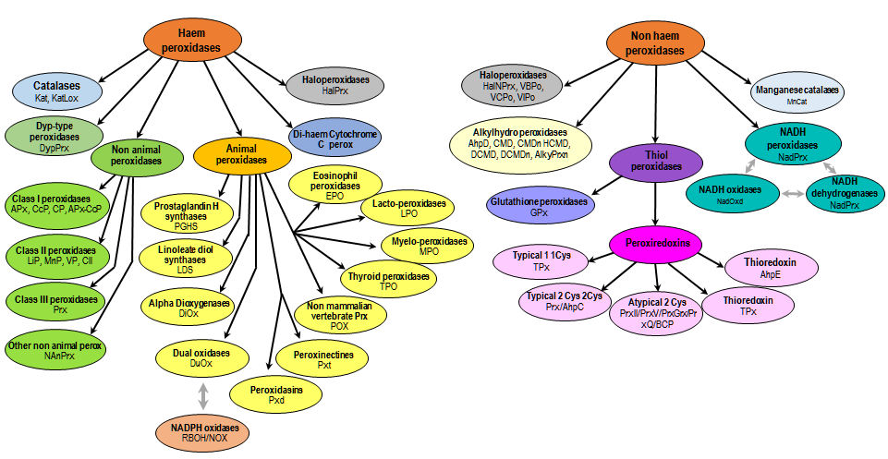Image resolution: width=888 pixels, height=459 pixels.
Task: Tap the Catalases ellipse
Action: [56, 90]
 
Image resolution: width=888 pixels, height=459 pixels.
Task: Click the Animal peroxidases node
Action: [242, 152]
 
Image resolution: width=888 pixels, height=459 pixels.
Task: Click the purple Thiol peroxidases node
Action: [657, 164]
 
